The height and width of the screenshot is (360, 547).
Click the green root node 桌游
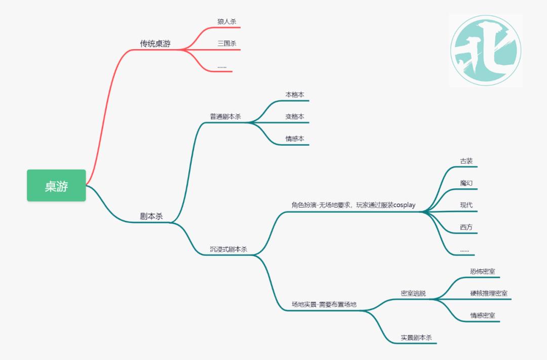pos(56,185)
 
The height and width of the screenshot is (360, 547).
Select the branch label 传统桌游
pos(155,44)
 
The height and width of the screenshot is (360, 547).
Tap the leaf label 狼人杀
pos(226,21)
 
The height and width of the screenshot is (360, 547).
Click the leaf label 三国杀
pos(226,44)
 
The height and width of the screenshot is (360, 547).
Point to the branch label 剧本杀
pos(151,216)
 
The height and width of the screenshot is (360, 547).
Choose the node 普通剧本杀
pos(225,116)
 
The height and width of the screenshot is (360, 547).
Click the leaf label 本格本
pos(295,95)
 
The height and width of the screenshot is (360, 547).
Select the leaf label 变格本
pos(295,116)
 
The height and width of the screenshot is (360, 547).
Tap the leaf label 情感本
pos(295,139)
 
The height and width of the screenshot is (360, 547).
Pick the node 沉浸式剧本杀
pos(228,249)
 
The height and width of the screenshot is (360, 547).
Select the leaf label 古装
pos(466,161)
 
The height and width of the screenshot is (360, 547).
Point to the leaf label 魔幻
pos(466,183)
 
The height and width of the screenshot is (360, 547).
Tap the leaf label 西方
pos(466,227)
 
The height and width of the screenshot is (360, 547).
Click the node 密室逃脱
pos(413,293)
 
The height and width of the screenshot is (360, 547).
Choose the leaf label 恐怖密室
pos(482,271)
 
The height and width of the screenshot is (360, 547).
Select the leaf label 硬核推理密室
pos(489,293)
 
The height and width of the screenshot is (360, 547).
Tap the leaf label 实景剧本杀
pos(416,337)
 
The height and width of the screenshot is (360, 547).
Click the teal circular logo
pos(485,50)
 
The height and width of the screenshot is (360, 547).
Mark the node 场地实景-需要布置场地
pos(324,304)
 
